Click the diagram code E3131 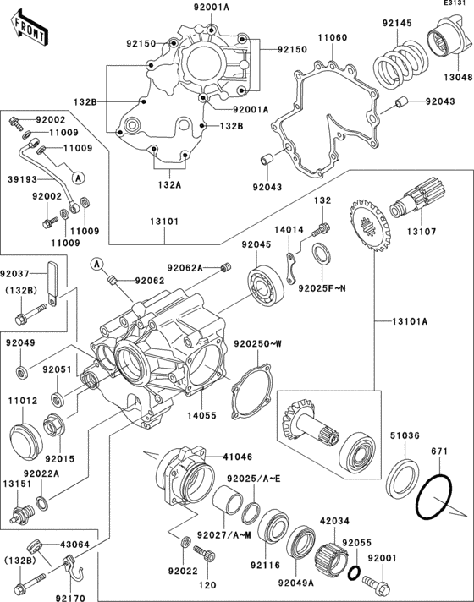click(x=455, y=5)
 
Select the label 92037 click(x=18, y=273)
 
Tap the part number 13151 click(x=18, y=484)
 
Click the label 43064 click(x=75, y=545)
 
